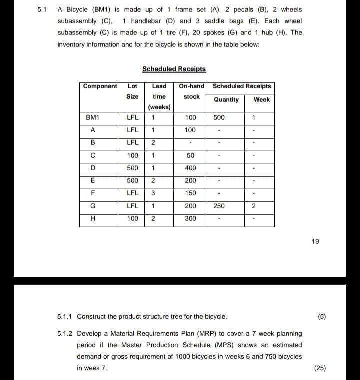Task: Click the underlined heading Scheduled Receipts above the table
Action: [x=174, y=69]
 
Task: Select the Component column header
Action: [x=100, y=86]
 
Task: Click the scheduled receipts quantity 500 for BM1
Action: [x=219, y=118]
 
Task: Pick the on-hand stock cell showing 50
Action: [x=190, y=156]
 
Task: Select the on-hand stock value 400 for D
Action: [x=190, y=168]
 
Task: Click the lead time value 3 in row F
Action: [x=153, y=193]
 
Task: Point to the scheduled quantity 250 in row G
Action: [x=219, y=206]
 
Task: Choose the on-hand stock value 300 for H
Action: [x=190, y=219]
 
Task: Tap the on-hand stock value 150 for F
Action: [x=190, y=193]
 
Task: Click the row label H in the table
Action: [x=93, y=219]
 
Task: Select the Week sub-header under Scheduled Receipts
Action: [x=261, y=99]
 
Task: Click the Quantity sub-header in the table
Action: [x=226, y=99]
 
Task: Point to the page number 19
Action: [x=315, y=242]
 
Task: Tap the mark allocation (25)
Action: [x=320, y=368]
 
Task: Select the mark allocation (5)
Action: [x=322, y=317]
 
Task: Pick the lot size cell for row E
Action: [x=132, y=181]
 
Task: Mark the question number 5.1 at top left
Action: [x=42, y=10]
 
